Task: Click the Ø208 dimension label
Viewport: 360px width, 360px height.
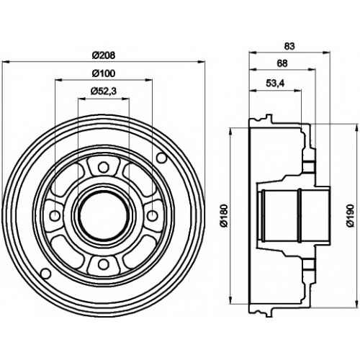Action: pos(104,55)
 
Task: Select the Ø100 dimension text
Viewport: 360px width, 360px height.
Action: pos(104,73)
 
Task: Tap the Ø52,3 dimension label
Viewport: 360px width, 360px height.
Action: pos(104,91)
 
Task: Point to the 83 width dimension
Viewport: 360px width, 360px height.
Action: pos(289,46)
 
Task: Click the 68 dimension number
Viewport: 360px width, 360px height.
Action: pos(282,63)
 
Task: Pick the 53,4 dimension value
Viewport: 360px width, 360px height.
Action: pos(275,84)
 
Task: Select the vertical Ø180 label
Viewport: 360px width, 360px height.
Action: pos(224,215)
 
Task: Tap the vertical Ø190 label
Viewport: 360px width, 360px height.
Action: pos(351,215)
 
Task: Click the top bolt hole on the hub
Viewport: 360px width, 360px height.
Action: pos(104,167)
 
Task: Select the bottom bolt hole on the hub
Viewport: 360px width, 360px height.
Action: pos(104,264)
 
